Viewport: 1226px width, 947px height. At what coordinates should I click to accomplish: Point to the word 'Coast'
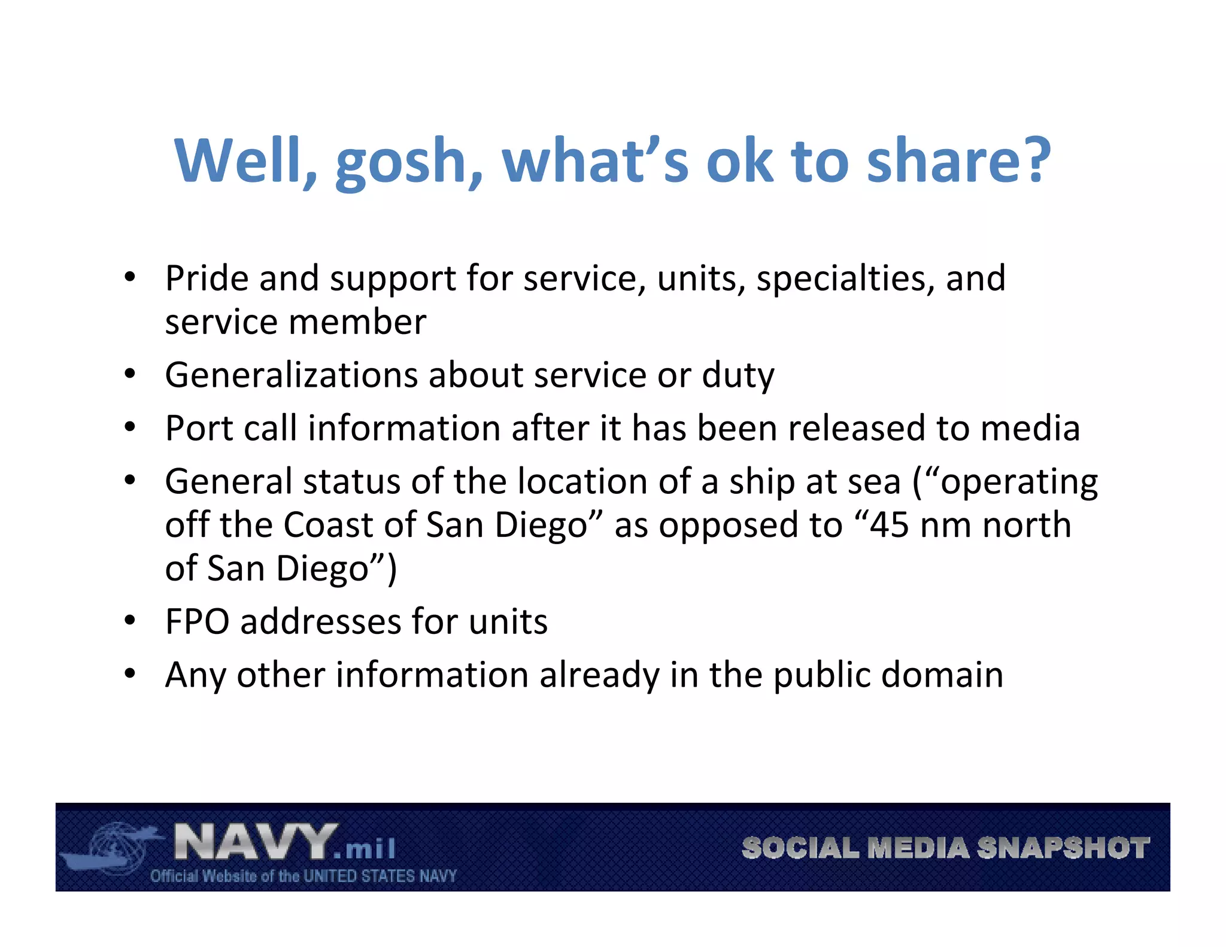329,525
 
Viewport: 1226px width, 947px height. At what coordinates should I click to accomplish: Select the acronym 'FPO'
197,621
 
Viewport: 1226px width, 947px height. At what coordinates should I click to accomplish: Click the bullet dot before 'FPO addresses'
130,620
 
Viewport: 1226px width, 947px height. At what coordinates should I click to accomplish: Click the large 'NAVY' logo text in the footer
255,842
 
